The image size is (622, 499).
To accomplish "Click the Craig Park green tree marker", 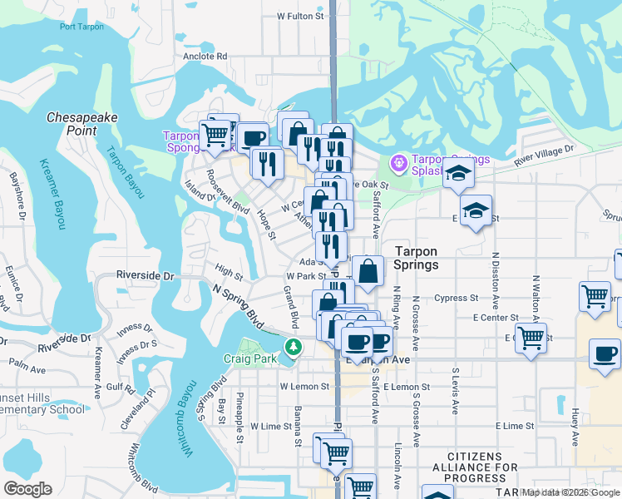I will (292, 346).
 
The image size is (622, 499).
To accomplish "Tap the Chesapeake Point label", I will (81, 125).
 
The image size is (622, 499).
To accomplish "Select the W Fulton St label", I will (299, 16).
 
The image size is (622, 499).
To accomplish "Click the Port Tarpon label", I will (82, 26).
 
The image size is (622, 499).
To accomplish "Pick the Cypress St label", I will (462, 298).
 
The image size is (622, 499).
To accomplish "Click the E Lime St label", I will (514, 426).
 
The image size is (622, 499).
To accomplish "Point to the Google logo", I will (27, 488).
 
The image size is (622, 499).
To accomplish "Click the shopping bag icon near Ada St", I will (368, 270).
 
